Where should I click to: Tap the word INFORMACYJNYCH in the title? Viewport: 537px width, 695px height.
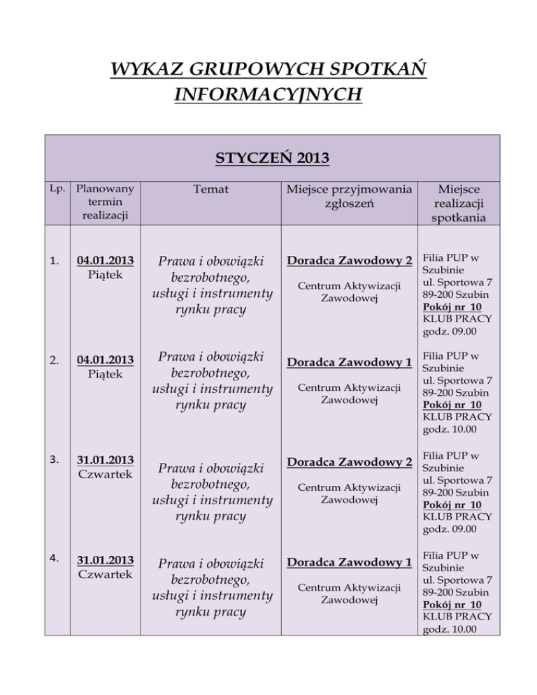(x=268, y=93)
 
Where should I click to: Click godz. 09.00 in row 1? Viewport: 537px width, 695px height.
(x=447, y=331)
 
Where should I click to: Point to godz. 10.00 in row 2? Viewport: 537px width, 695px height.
(x=447, y=429)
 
